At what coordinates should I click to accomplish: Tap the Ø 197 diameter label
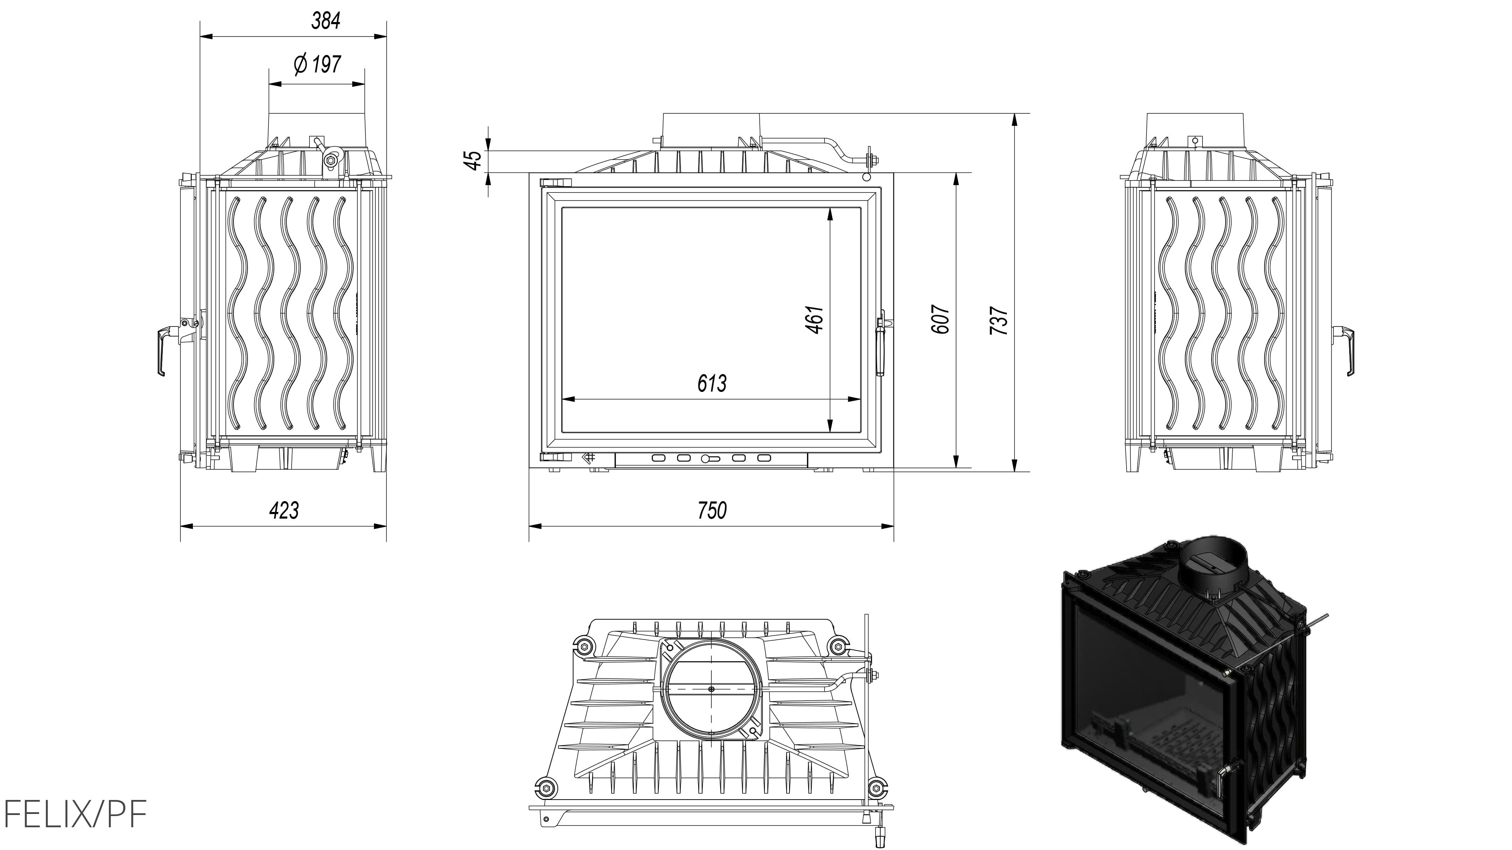[x=317, y=64]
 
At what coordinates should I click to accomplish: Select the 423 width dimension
[x=284, y=510]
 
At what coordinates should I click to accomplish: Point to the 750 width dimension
[x=712, y=510]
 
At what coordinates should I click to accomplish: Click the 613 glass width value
[x=712, y=384]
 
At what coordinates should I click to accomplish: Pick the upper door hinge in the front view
[x=555, y=182]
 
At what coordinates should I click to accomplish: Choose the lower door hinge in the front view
[x=555, y=457]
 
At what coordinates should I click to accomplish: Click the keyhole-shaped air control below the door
[x=709, y=458]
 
